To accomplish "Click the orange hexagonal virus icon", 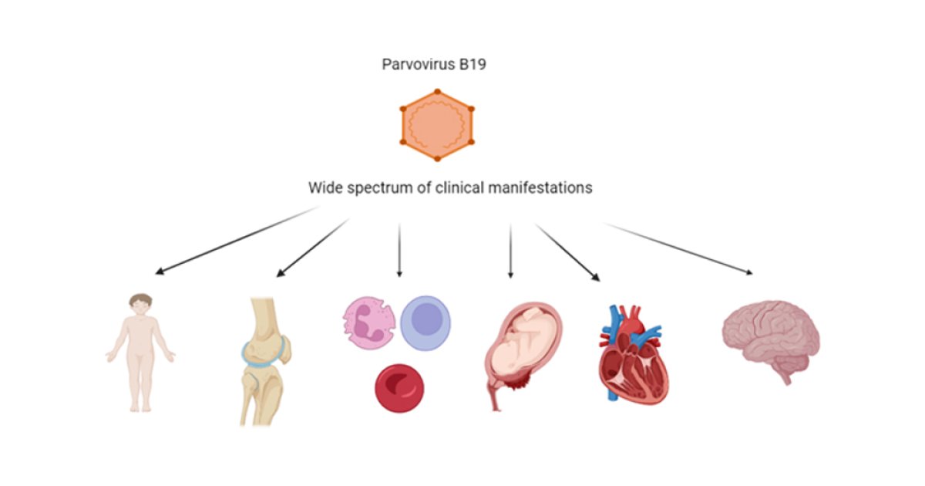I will click(436, 126).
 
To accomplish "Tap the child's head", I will click(140, 303).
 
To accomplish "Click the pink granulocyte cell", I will click(368, 322).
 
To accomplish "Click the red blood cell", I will click(399, 388).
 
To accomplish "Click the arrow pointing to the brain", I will click(677, 248).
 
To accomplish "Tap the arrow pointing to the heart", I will click(567, 251).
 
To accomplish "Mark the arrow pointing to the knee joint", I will click(312, 248).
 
